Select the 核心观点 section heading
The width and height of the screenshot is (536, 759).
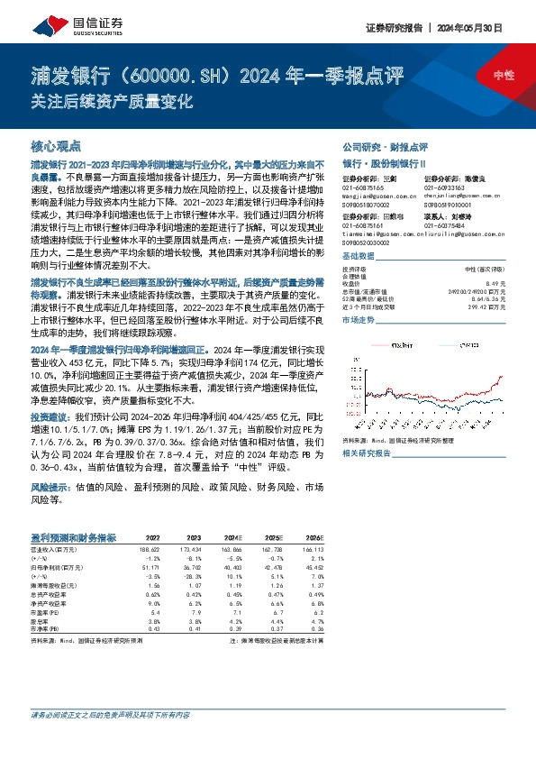pos(55,145)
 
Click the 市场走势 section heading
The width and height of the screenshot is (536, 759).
pos(358,320)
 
